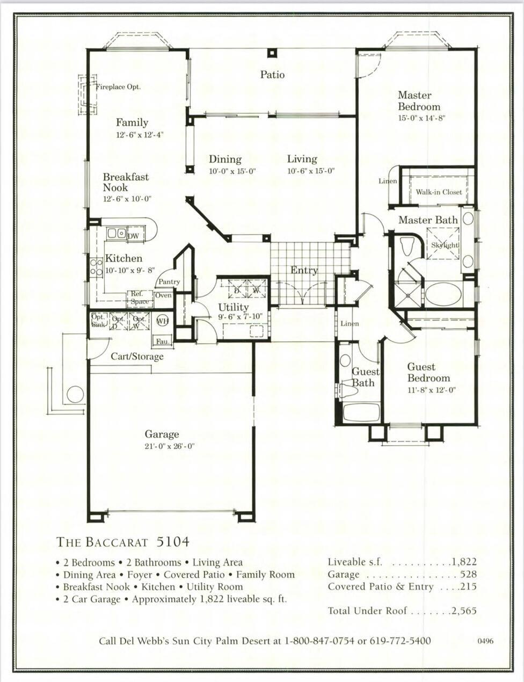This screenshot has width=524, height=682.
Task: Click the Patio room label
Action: tap(272, 75)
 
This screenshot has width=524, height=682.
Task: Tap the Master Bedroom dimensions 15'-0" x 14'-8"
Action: tap(421, 118)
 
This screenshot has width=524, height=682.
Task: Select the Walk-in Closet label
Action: tap(439, 192)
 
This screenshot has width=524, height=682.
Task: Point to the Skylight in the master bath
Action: tap(443, 244)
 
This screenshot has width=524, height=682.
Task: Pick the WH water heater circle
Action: tap(163, 321)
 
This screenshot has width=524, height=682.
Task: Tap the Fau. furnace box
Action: tap(163, 341)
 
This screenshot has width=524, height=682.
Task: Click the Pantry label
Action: tap(169, 281)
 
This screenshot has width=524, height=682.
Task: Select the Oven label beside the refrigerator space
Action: tap(163, 295)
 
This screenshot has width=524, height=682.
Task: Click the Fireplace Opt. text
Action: tap(118, 87)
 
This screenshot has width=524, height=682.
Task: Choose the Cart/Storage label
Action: tap(137, 357)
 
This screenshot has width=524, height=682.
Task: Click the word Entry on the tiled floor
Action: tap(304, 270)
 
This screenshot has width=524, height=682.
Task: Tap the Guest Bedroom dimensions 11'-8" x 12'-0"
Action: tap(431, 390)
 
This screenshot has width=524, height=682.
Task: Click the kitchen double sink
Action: tap(116, 233)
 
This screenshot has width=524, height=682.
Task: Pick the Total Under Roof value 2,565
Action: tap(464, 611)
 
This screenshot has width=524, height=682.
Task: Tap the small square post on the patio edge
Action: tap(272, 53)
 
